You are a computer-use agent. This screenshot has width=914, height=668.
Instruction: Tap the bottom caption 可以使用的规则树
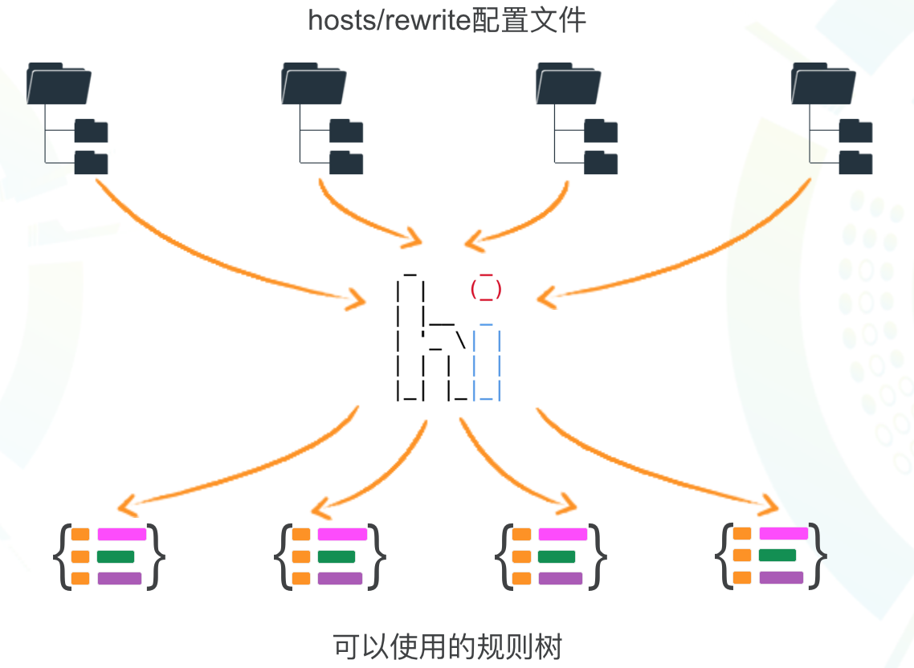[447, 646]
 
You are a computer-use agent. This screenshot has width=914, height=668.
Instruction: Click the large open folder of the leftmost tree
[58, 83]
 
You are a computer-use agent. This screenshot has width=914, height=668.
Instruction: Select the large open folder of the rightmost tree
[822, 83]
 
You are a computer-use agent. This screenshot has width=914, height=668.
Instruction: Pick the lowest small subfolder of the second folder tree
[346, 162]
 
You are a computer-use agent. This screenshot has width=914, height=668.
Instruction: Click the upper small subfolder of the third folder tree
[601, 131]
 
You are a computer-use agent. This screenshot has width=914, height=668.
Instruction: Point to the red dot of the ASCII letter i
[486, 287]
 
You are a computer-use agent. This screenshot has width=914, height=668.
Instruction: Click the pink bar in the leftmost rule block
[121, 535]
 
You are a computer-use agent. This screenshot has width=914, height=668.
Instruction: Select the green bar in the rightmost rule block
[777, 555]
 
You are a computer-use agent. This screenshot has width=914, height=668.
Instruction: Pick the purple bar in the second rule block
[340, 578]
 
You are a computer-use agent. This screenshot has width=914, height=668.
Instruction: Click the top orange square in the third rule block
[521, 535]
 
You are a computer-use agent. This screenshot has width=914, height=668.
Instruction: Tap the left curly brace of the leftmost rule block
[60, 556]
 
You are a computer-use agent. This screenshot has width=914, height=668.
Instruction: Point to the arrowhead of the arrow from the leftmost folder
[356, 299]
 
